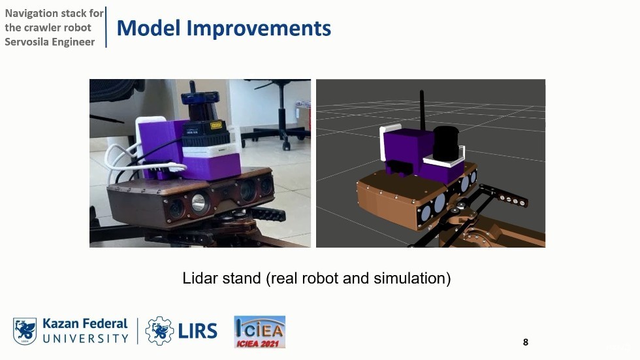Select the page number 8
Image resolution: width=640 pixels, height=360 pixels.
click(x=525, y=342)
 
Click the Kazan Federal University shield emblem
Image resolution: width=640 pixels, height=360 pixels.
click(x=25, y=331)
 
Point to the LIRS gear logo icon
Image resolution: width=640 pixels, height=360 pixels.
click(x=159, y=331)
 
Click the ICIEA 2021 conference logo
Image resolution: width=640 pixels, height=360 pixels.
click(x=259, y=331)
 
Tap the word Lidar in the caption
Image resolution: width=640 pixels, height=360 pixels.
click(x=198, y=278)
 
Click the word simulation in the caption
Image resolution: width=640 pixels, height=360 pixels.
click(x=411, y=278)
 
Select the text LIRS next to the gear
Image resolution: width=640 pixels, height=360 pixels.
click(x=197, y=331)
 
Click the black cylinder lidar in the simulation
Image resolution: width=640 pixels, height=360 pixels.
click(x=446, y=142)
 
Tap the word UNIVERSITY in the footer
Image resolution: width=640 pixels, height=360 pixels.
click(x=86, y=338)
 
